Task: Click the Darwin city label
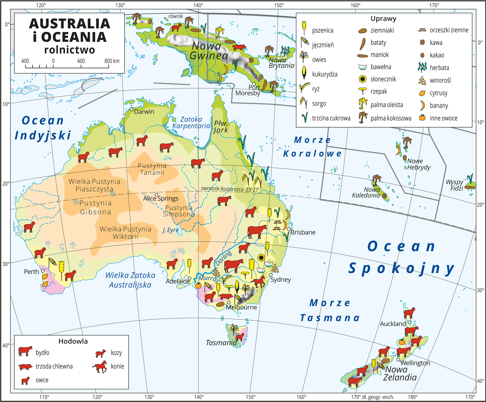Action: pyautogui.click(x=144, y=112)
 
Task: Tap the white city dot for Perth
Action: pyautogui.click(x=43, y=271)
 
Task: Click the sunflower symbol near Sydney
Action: pyautogui.click(x=261, y=257)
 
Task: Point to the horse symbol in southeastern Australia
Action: pyautogui.click(x=258, y=282)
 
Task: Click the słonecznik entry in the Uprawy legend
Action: pyautogui.click(x=383, y=79)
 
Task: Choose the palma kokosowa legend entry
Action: pyautogui.click(x=391, y=118)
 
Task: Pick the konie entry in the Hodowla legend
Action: pyautogui.click(x=117, y=366)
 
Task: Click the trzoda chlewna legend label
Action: pyautogui.click(x=54, y=366)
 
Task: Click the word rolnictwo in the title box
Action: pyautogui.click(x=69, y=50)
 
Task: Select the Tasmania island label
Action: pyautogui.click(x=221, y=343)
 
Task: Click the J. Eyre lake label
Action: pyautogui.click(x=170, y=230)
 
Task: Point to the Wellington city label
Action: pyautogui.click(x=415, y=363)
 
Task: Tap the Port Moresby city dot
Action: pyautogui.click(x=254, y=84)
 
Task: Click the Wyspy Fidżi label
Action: pyautogui.click(x=455, y=185)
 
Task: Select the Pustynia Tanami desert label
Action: pyautogui.click(x=152, y=169)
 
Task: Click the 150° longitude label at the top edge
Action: pyautogui.click(x=279, y=5)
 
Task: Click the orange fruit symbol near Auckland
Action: pyautogui.click(x=402, y=342)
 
